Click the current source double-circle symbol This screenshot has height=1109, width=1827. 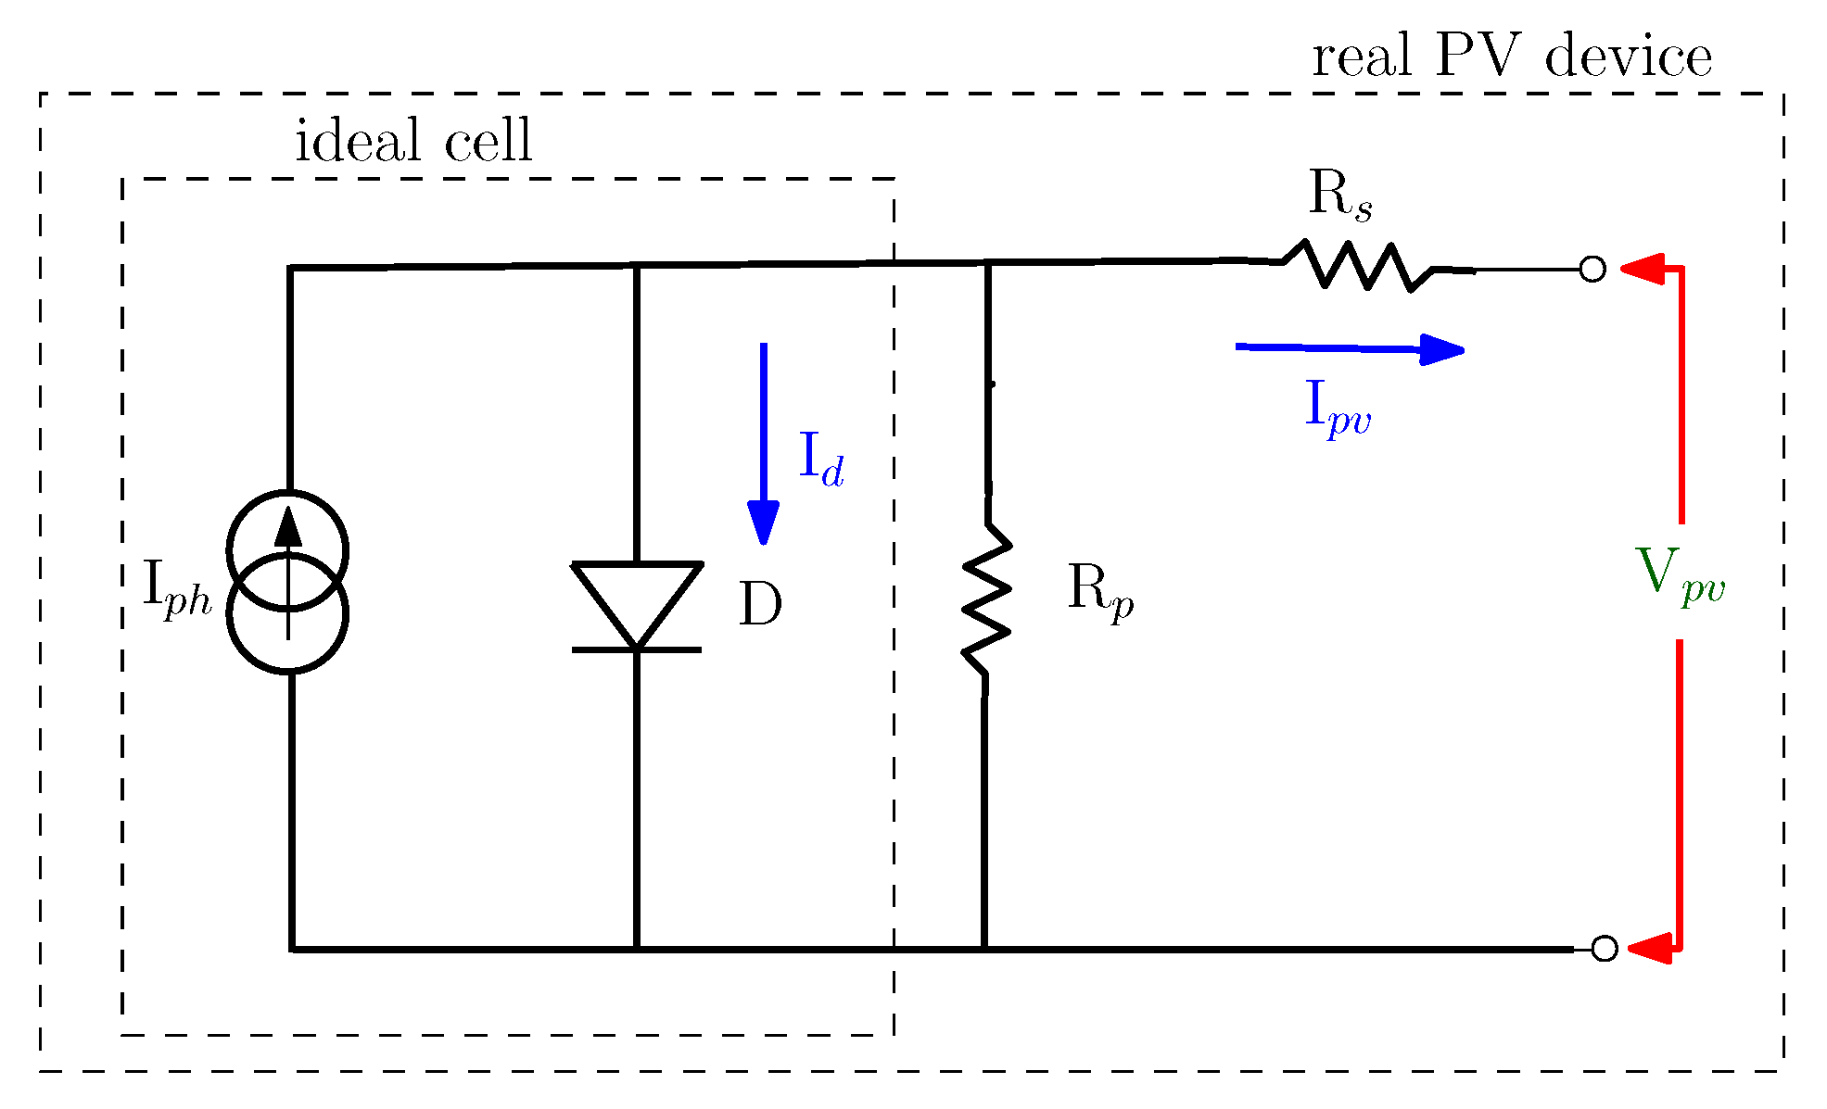coord(288,582)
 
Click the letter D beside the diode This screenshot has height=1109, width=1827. coord(760,606)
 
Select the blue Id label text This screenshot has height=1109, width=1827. coord(821,460)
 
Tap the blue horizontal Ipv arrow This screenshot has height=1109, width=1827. coord(1350,348)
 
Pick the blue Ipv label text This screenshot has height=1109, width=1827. coord(1338,408)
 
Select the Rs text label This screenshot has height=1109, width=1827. coord(1339,196)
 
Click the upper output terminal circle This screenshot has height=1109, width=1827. coord(1592,270)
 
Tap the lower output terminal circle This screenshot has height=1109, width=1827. coord(1605,949)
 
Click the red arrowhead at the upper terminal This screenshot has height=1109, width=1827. coord(1643,269)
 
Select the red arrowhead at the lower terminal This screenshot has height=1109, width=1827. coord(1650,949)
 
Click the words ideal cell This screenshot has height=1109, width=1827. coord(413,142)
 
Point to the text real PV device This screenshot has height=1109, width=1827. coord(1512,57)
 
